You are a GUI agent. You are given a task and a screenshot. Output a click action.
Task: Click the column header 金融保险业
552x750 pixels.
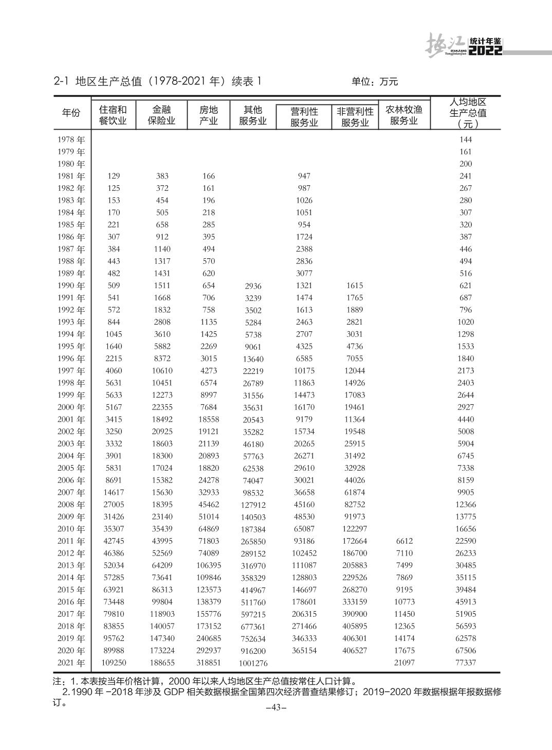tap(162, 115)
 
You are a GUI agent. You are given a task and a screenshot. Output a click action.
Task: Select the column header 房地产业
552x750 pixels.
tap(209, 115)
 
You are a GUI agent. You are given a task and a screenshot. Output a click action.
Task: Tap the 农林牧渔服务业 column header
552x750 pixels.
tap(404, 115)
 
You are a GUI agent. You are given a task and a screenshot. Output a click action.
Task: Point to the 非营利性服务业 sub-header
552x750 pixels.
tap(355, 117)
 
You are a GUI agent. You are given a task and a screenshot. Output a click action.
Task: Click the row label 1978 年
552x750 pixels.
tap(71, 139)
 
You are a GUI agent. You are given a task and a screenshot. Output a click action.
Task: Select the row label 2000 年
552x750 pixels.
tap(71, 407)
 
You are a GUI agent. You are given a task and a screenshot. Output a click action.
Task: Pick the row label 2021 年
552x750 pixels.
tap(71, 663)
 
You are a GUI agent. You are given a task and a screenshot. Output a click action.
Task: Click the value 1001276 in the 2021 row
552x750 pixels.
tap(253, 664)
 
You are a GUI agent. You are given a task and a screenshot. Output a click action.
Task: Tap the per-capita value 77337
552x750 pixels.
tap(466, 663)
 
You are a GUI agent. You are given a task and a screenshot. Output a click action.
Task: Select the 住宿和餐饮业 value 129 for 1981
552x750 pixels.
tap(114, 176)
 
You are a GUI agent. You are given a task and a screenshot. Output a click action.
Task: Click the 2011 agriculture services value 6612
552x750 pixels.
tap(404, 541)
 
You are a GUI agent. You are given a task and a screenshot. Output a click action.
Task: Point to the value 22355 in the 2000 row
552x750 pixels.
tap(162, 407)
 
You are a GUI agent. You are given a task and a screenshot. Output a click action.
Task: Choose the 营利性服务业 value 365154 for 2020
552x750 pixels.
tap(304, 651)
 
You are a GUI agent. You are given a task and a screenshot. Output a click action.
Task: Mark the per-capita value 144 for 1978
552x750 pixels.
tap(466, 139)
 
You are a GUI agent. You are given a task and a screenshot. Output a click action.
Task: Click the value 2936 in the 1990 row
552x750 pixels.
tap(253, 286)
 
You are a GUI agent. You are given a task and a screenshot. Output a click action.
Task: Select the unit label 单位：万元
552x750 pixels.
tap(375, 81)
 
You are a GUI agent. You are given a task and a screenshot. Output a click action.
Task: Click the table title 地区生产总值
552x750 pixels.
tap(104, 81)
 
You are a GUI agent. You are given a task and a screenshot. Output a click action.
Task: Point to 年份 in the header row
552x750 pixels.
tap(71, 113)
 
